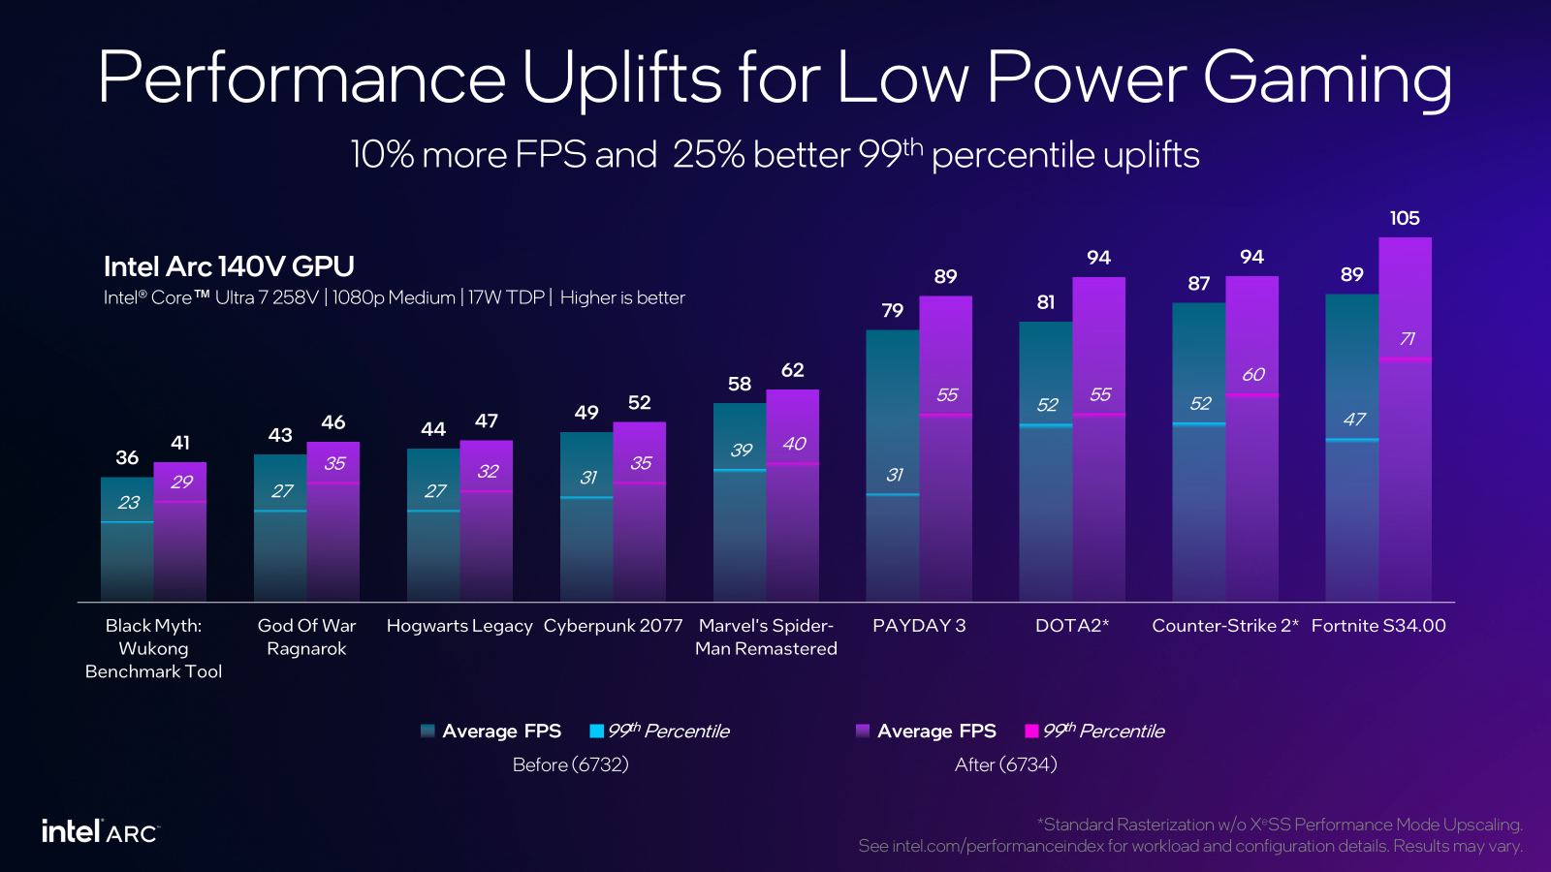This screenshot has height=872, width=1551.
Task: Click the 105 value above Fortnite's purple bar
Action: (1405, 218)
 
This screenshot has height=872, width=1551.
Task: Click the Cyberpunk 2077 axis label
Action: (613, 626)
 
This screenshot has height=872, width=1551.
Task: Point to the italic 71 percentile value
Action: (1407, 339)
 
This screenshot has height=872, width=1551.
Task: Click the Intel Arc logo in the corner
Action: (100, 831)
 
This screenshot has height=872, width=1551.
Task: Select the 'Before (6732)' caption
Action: (570, 764)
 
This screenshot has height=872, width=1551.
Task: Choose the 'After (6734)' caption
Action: (1005, 764)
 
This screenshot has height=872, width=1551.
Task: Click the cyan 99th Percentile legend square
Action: (596, 731)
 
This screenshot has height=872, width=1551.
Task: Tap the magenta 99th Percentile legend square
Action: (1031, 731)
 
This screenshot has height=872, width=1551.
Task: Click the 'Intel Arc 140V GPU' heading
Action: (229, 266)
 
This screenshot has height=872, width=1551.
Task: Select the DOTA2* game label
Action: (1072, 626)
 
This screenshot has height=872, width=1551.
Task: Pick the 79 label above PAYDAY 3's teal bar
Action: (892, 310)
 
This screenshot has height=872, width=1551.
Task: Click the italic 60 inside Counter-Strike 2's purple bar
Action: (1252, 375)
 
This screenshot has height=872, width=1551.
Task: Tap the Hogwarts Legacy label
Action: (459, 626)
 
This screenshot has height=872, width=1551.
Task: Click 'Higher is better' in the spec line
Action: (622, 297)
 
